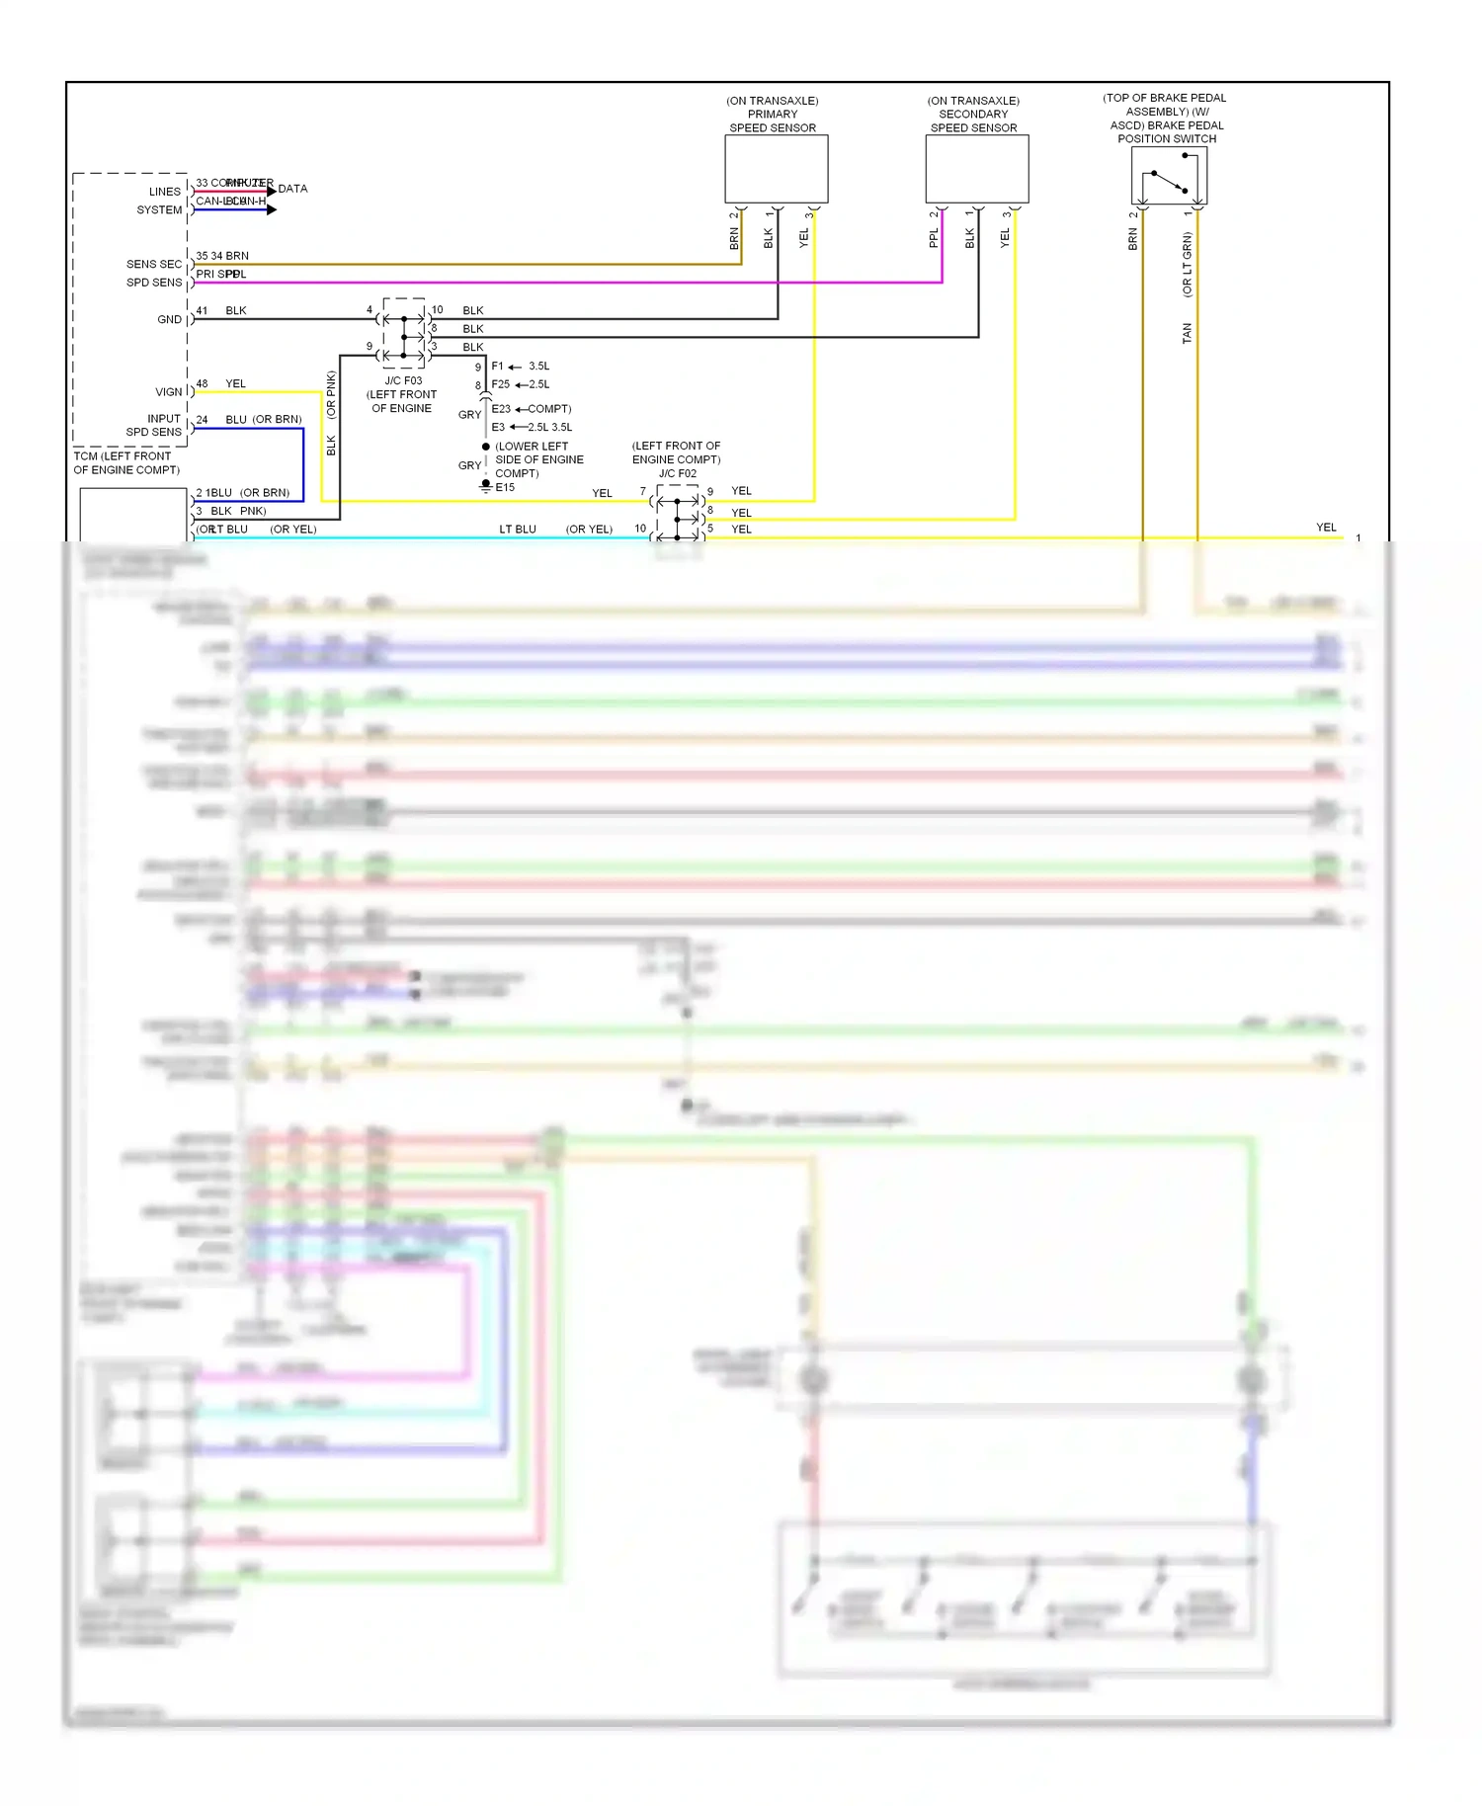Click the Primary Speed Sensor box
tap(776, 169)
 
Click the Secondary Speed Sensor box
tap(976, 169)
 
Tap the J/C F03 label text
tap(403, 380)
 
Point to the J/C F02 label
tap(677, 473)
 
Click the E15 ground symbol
tap(486, 486)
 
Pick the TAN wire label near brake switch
tap(1187, 333)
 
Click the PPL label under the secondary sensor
tap(934, 238)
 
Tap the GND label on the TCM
tap(169, 320)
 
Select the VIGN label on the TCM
tap(168, 392)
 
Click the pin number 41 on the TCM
tap(202, 310)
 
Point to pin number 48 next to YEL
tap(202, 383)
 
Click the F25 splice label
tap(501, 384)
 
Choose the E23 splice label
tap(501, 409)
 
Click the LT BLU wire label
tap(517, 530)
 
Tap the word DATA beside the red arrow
tap(292, 189)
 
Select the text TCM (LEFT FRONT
tap(123, 456)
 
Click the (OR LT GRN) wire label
tap(1187, 265)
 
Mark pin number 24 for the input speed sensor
tap(202, 420)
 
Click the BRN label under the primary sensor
tap(734, 238)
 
